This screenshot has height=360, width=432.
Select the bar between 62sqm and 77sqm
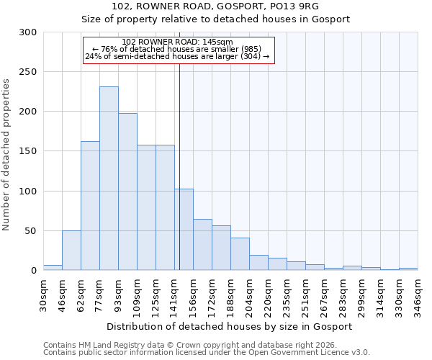coord(90,206)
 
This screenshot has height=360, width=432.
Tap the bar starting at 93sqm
coord(127,192)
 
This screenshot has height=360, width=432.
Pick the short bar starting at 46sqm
coord(71,251)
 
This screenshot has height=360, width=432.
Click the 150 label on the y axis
coord(28,151)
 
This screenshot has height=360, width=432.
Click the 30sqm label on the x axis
coord(43,293)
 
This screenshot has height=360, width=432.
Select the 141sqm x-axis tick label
coord(174,293)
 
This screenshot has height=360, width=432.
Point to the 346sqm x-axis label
coord(418,293)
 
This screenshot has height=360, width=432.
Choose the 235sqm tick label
coord(287,293)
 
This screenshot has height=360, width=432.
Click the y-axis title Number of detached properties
coord(6,151)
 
